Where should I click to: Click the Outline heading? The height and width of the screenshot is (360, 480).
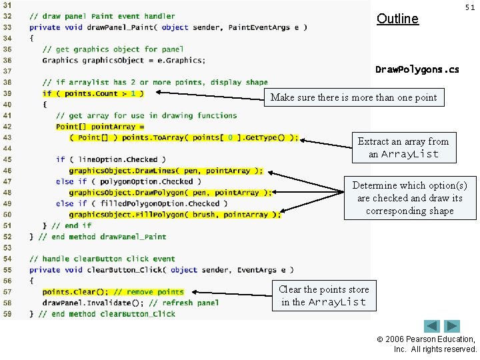coord(397,19)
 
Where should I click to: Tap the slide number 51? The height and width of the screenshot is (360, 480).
coord(470,7)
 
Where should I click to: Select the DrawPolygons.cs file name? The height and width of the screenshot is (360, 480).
coord(417,69)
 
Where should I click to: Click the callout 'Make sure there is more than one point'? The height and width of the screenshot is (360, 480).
coord(353,97)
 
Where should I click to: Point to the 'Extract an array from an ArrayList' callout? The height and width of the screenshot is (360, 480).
coord(403,147)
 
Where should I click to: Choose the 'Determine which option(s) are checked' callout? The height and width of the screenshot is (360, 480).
coord(409,198)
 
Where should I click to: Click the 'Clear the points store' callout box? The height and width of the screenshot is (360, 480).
coord(323,295)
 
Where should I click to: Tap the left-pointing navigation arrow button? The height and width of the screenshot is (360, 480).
coord(432,327)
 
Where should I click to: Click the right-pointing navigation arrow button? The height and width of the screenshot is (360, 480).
coord(453,327)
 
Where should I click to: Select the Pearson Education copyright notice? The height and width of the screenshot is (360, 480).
coord(435,344)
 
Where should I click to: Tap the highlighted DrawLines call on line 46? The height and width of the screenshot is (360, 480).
coord(165,171)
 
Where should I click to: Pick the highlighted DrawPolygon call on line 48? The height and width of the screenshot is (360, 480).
coord(170,193)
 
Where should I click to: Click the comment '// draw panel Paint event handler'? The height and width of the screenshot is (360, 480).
coord(102,16)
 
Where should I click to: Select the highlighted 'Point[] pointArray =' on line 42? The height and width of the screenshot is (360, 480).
coord(100,127)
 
